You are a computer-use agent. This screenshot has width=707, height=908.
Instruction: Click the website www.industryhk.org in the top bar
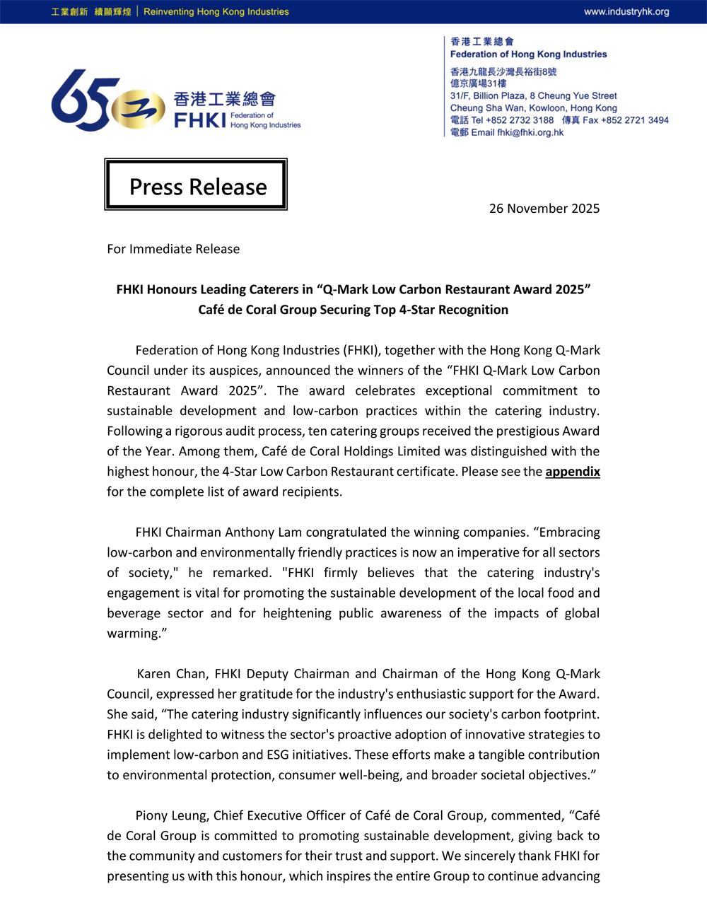[x=626, y=12]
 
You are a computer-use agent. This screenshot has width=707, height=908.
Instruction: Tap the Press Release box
[x=196, y=185]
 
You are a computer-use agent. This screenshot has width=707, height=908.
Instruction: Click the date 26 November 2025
[x=544, y=209]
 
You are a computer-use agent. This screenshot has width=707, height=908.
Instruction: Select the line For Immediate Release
[x=173, y=249]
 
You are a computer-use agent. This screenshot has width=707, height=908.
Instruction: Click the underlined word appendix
[x=573, y=472]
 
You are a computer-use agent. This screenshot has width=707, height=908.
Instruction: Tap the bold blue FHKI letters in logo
[x=199, y=120]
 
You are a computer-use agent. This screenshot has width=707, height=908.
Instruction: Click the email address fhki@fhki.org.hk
[x=530, y=132]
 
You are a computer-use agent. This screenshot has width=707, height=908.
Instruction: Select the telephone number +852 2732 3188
[x=520, y=120]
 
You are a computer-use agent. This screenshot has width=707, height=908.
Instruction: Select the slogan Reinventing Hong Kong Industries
[x=216, y=12]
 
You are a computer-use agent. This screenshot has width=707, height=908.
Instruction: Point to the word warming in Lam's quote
[x=134, y=634]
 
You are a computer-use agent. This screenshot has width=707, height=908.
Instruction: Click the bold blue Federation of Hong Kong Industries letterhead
[x=528, y=54]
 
